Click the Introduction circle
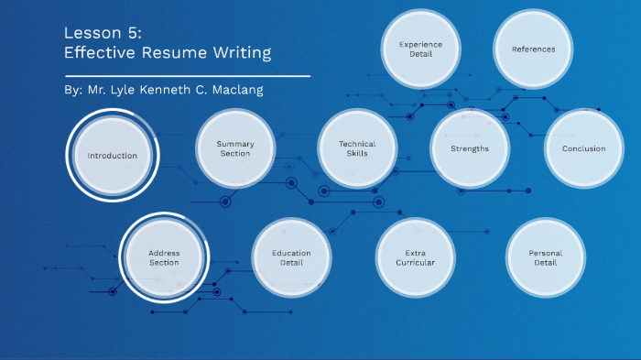click(113, 156)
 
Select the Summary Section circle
click(235, 148)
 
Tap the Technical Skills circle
click(357, 148)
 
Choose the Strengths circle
click(470, 148)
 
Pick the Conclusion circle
click(583, 148)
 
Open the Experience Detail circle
click(421, 49)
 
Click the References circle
click(533, 49)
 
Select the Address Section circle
click(165, 257)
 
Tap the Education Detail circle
click(292, 257)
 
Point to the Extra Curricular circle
click(415, 257)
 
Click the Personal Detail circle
click(546, 257)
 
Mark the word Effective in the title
click(98, 53)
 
